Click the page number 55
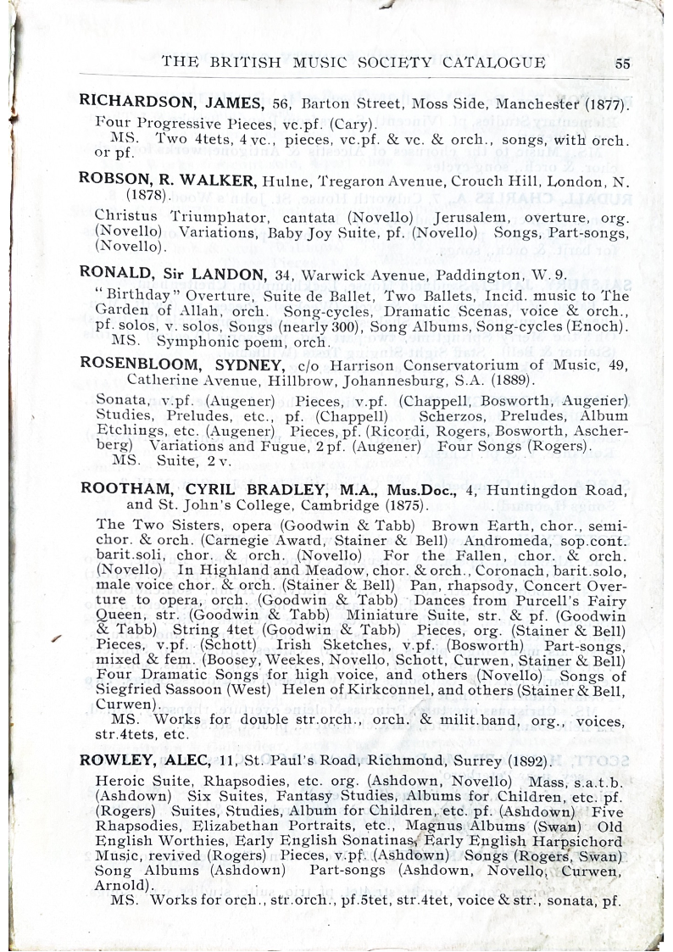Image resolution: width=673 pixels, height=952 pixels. coord(623,63)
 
